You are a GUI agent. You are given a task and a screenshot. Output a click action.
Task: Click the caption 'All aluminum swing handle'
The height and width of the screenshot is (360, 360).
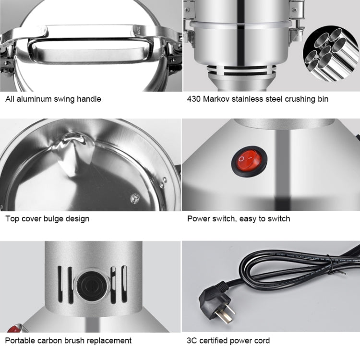click(53, 99)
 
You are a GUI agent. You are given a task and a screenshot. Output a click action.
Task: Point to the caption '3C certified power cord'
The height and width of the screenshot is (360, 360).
click(228, 341)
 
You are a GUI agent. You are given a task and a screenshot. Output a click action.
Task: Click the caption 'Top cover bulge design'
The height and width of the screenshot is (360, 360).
click(48, 219)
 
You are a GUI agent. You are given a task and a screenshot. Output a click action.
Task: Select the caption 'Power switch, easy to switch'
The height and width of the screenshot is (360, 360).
click(239, 219)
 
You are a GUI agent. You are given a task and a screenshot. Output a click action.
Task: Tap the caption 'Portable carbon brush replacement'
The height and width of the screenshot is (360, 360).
click(69, 341)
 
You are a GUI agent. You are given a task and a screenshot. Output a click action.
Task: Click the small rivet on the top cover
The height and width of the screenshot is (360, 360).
click(135, 197)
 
